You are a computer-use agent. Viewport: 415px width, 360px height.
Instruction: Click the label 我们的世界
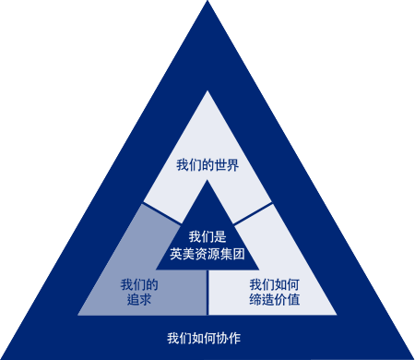click(x=207, y=166)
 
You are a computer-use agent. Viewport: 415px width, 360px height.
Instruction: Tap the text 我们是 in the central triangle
click(x=207, y=235)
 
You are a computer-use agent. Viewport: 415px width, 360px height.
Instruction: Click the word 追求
click(x=139, y=300)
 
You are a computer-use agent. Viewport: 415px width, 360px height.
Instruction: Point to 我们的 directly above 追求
click(x=139, y=283)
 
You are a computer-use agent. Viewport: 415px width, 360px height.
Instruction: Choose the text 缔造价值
click(x=275, y=300)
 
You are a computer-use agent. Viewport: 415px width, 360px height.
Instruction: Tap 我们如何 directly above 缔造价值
click(x=275, y=283)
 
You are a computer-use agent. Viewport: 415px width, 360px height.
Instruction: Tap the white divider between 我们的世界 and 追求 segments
click(x=161, y=213)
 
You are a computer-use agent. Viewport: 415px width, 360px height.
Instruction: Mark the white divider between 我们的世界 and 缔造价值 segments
click(x=254, y=213)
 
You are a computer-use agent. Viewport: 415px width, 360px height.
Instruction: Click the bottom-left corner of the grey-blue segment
click(x=79, y=313)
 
